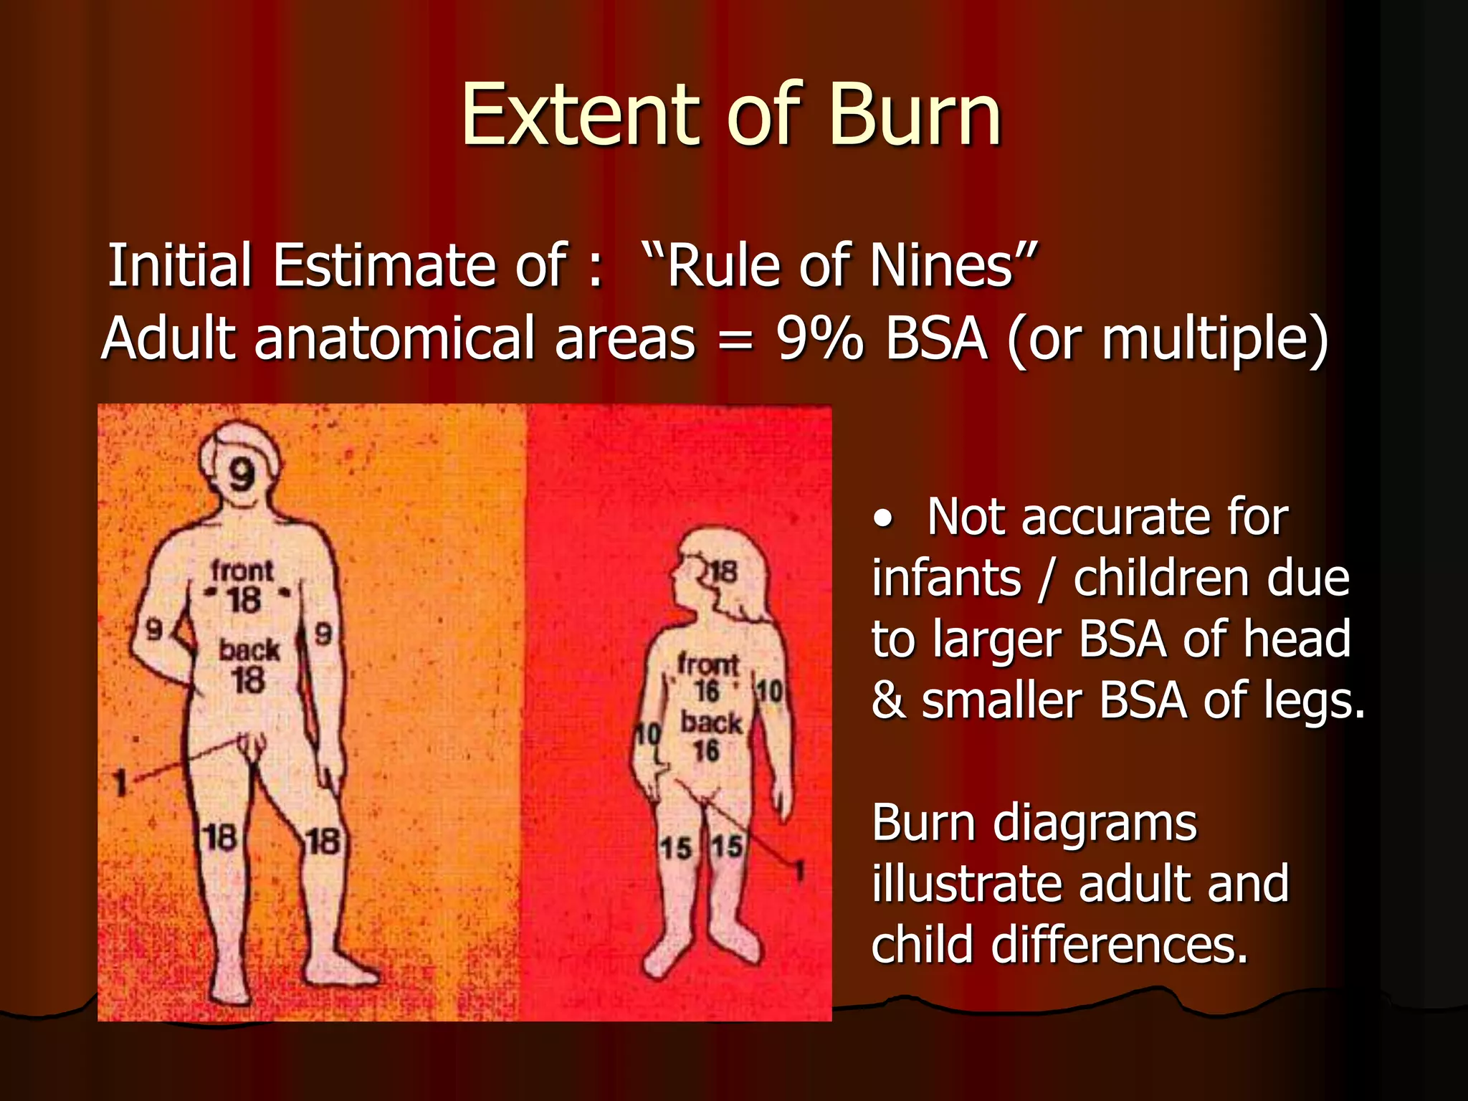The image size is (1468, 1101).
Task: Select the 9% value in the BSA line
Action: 820,338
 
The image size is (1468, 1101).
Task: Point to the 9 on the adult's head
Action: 242,474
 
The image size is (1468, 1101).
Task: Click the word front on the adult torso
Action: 242,571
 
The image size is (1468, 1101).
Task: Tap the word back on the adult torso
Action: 249,650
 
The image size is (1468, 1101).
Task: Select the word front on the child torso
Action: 707,664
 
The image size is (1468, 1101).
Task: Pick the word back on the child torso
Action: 710,723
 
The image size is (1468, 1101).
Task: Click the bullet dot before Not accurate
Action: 885,518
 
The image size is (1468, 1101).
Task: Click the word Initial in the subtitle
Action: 179,266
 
